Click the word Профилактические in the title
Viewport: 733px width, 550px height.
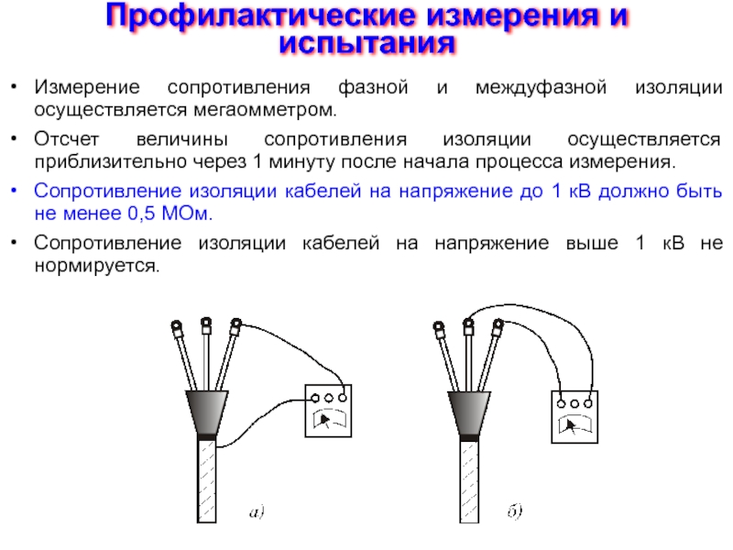click(x=260, y=16)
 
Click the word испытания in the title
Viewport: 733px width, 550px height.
click(x=367, y=43)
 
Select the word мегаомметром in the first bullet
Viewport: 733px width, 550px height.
click(x=264, y=110)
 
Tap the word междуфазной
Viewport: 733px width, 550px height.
click(x=541, y=87)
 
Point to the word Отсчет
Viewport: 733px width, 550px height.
click(x=66, y=139)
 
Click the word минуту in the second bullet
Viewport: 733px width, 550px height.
click(x=302, y=162)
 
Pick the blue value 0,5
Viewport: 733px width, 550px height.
click(x=141, y=214)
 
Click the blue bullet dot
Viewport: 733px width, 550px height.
click(x=15, y=191)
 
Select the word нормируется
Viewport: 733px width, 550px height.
click(x=96, y=266)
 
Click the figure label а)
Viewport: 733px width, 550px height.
click(x=257, y=511)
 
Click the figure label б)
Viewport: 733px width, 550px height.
click(x=515, y=511)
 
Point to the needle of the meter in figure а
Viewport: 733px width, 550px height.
click(x=324, y=419)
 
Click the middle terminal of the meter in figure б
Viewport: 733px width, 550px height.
click(x=574, y=403)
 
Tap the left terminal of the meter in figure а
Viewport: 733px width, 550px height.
click(x=315, y=398)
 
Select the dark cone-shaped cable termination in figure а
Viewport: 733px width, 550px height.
click(x=207, y=412)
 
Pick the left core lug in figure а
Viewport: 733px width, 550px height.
click(x=177, y=329)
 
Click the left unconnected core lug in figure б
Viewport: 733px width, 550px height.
click(x=439, y=330)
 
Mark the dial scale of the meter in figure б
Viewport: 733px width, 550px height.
click(x=574, y=423)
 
